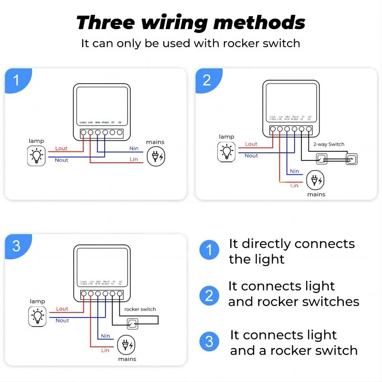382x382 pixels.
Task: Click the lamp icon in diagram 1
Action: click(x=36, y=156)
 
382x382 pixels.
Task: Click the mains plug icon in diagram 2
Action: click(x=315, y=180)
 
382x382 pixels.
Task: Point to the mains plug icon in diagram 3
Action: click(x=126, y=345)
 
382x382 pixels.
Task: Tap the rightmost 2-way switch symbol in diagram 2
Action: click(x=352, y=159)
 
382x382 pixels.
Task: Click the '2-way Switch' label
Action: click(x=329, y=144)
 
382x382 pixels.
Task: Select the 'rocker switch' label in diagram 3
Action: click(x=140, y=309)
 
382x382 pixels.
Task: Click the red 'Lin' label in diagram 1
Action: click(x=134, y=159)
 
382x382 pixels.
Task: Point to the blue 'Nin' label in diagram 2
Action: click(x=295, y=171)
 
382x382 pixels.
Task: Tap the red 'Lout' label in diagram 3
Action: click(x=62, y=309)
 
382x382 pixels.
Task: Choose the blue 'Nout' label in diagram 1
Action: click(x=62, y=160)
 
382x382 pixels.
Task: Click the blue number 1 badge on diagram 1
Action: click(x=17, y=80)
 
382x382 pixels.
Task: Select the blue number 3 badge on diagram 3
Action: click(x=17, y=245)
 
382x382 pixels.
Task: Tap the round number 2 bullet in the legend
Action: click(x=209, y=296)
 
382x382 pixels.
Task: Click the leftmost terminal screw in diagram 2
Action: click(x=273, y=129)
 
